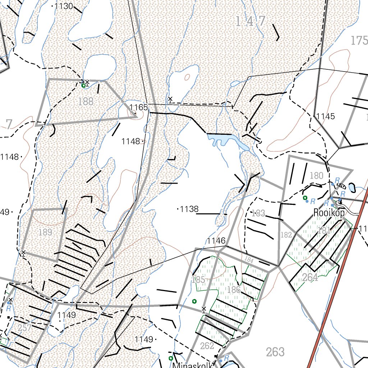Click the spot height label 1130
click(x=65, y=6)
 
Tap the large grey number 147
click(x=250, y=22)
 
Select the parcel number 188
click(x=86, y=101)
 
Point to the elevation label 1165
click(x=139, y=107)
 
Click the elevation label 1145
click(x=326, y=116)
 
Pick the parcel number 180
click(x=316, y=176)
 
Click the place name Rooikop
click(x=329, y=213)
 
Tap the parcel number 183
click(x=258, y=213)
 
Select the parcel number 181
click(x=324, y=231)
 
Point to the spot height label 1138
click(x=189, y=209)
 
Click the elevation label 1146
click(x=216, y=241)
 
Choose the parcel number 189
click(x=45, y=232)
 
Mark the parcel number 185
click(x=198, y=280)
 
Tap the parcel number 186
click(x=234, y=289)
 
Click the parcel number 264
click(x=310, y=277)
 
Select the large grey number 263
click(x=276, y=352)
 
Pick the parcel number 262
click(x=207, y=346)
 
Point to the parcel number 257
click(x=24, y=327)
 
